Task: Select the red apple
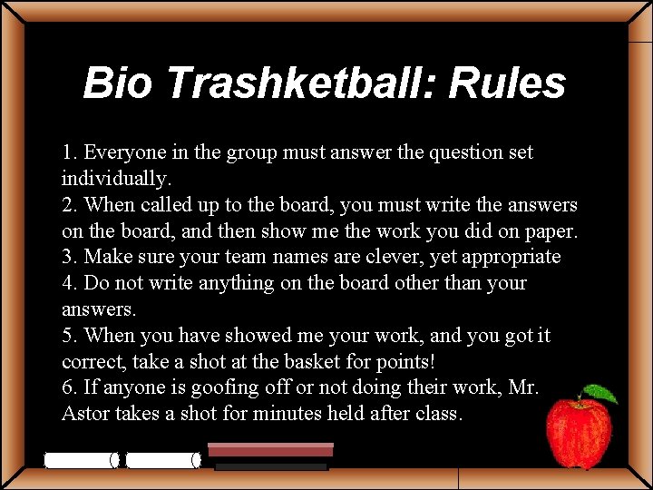tap(579, 433)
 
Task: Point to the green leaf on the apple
tap(601, 395)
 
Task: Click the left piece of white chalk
tap(82, 460)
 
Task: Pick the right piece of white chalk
tap(163, 460)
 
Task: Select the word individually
tap(115, 178)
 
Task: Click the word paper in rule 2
tap(551, 230)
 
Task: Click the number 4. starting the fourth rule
tap(70, 283)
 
